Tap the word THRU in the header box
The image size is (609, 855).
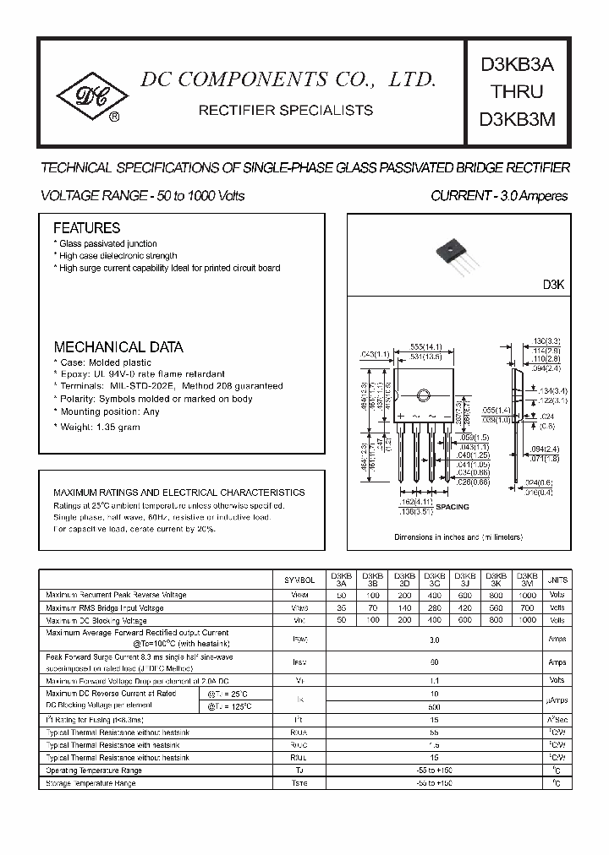[517, 91]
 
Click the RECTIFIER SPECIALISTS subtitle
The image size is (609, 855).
[285, 110]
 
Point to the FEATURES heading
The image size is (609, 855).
[86, 228]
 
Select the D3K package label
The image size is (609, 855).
[553, 286]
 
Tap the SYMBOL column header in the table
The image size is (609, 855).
[300, 580]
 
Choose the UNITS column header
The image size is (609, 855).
[557, 580]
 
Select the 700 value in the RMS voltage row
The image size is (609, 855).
[527, 607]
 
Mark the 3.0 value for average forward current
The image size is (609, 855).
[434, 640]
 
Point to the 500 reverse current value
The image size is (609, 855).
[434, 707]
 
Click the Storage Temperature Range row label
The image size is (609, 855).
[91, 784]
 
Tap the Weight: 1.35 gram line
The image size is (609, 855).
[97, 427]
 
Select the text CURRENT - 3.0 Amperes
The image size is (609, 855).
[499, 196]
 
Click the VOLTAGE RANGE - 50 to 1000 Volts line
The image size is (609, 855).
[143, 196]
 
